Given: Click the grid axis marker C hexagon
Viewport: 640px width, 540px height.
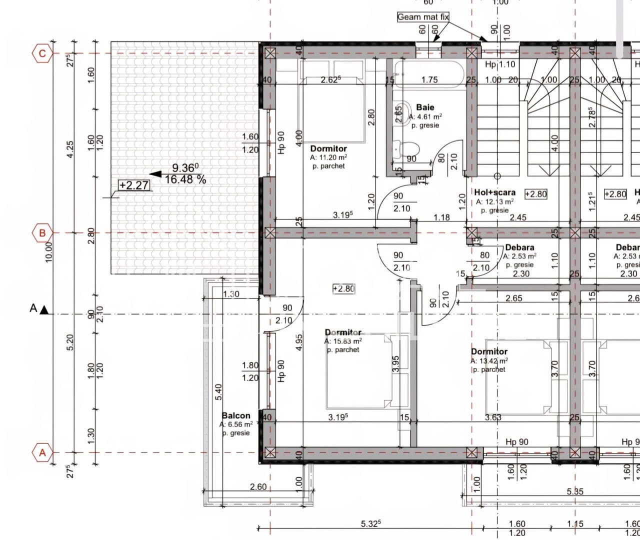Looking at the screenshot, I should tap(42, 53).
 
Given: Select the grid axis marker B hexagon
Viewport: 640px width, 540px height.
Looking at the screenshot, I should tap(42, 233).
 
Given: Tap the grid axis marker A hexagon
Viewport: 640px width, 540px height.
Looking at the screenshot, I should tap(42, 453).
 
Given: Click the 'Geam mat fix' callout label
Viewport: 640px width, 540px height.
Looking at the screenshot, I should tap(423, 17).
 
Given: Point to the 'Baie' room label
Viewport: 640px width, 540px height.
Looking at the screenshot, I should tap(425, 107).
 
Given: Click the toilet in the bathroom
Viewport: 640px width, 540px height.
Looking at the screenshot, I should tap(409, 149).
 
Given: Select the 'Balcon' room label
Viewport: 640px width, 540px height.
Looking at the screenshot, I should tap(236, 415).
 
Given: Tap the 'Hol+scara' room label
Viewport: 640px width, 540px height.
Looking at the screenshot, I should tap(494, 192).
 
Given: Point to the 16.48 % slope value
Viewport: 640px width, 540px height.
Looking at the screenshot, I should tap(185, 179).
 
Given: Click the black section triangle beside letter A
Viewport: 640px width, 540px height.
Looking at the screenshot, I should tap(44, 310).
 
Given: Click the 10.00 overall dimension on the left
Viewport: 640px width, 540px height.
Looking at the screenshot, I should tap(48, 252).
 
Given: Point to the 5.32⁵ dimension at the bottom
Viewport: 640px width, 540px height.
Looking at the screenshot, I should tap(370, 523).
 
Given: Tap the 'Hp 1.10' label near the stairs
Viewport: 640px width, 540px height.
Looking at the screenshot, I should tap(500, 64).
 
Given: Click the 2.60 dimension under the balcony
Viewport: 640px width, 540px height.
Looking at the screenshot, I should tap(258, 486).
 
